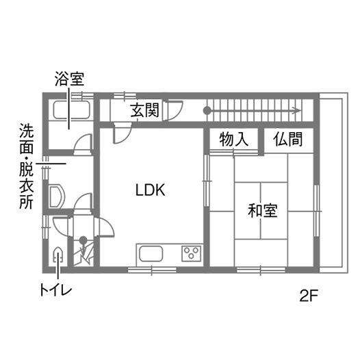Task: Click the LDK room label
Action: [151, 190]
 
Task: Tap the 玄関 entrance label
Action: [144, 110]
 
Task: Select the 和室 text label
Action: [263, 210]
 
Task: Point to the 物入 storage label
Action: [233, 140]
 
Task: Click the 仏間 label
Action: [288, 139]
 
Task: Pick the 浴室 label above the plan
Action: [69, 79]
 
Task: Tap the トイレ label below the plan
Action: [56, 290]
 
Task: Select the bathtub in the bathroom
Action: [71, 110]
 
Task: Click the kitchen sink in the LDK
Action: [151, 254]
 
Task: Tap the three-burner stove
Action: [192, 253]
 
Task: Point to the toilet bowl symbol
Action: [57, 255]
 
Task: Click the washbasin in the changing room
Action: [57, 196]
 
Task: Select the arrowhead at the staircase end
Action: [298, 111]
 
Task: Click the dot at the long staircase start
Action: [207, 111]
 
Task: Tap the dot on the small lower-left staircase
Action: [83, 240]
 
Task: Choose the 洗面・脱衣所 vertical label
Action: [27, 166]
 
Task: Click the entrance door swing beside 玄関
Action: [175, 110]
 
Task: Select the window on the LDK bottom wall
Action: [152, 270]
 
